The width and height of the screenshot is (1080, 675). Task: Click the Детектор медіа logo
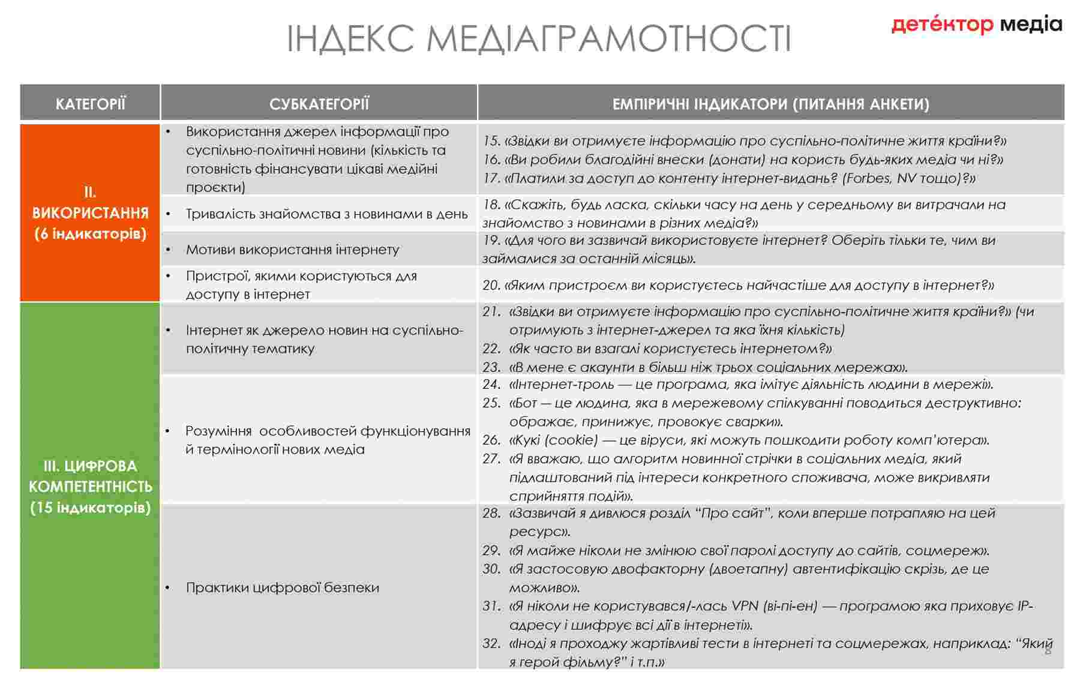976,25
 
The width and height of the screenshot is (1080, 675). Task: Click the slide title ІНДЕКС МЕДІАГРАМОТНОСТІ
539,38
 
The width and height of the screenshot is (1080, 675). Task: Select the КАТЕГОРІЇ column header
90,104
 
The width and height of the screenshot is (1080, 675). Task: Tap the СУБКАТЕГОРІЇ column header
319,104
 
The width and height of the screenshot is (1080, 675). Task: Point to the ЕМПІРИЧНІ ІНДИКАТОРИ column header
770,104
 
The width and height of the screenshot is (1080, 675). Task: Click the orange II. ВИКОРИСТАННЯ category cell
90,212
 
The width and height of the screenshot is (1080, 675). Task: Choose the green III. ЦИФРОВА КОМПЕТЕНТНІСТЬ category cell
90,486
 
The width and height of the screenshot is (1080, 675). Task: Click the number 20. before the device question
491,286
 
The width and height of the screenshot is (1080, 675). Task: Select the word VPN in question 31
746,606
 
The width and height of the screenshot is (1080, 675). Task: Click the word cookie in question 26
571,440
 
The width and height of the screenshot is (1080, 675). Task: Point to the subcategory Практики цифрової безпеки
282,587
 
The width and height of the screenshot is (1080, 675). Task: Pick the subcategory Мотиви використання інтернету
292,250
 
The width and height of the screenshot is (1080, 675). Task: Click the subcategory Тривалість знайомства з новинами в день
326,214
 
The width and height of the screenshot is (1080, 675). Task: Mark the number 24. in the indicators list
491,385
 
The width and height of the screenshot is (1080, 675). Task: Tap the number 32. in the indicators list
491,644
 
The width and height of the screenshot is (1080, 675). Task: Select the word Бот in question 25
524,403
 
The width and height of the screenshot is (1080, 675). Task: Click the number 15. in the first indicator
491,141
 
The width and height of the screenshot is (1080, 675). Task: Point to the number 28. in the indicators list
491,513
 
